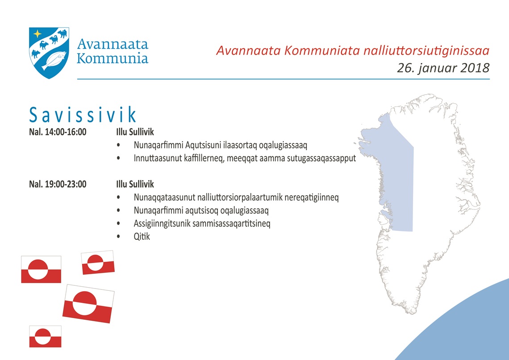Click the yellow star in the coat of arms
tap(38, 34)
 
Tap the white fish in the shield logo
tap(54, 61)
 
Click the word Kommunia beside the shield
tap(113, 59)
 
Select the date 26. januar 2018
tap(443, 68)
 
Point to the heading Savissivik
tap(83, 114)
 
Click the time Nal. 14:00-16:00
tap(58, 132)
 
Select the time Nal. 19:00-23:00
tap(58, 184)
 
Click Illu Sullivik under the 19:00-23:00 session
tap(135, 184)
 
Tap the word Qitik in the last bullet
tap(142, 237)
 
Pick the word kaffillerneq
tap(203, 159)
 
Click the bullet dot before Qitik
tap(118, 237)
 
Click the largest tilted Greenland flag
tap(88, 304)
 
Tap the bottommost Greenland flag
tap(45, 337)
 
